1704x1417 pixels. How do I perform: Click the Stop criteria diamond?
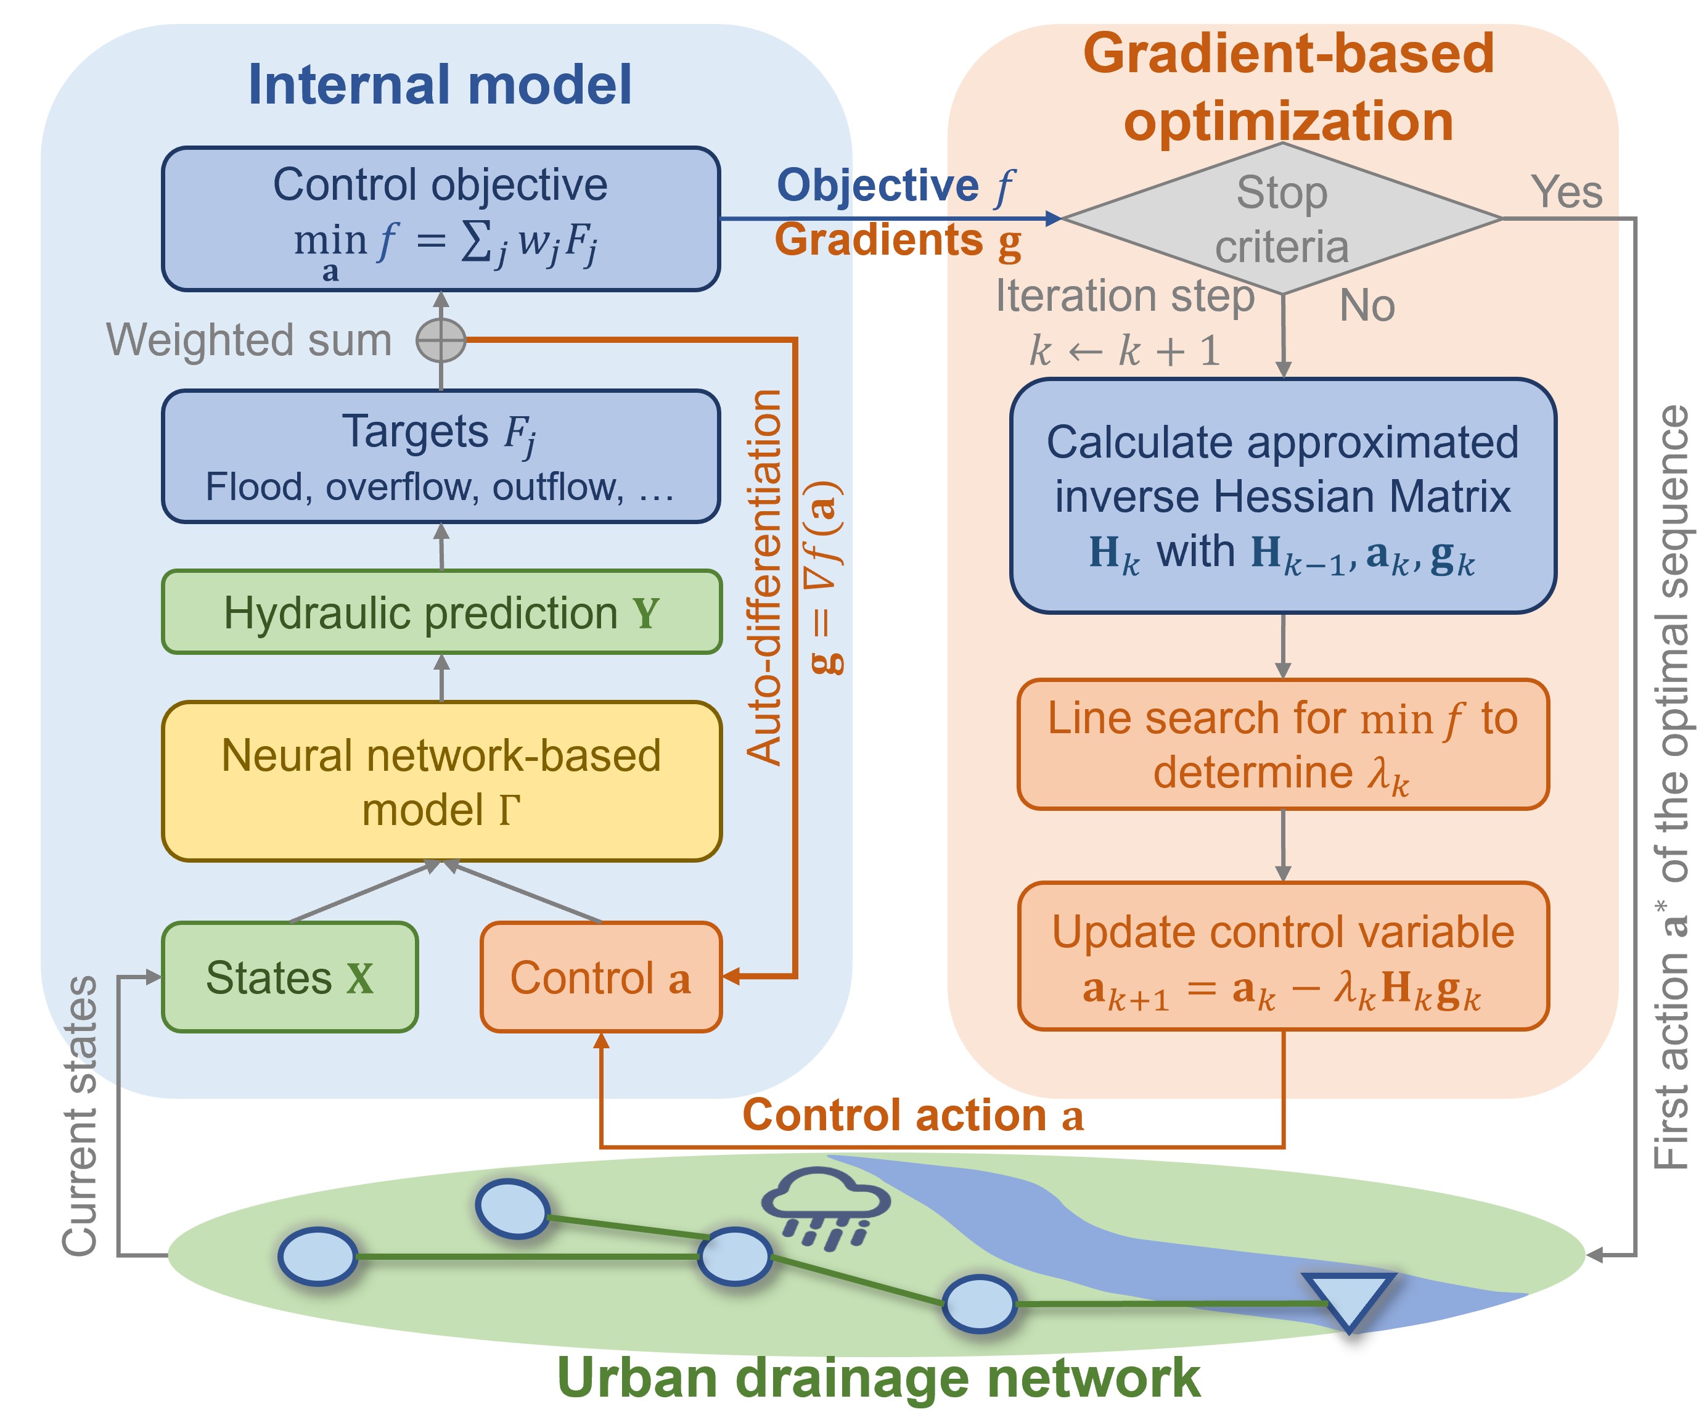click(1282, 218)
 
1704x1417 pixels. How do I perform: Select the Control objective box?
click(441, 218)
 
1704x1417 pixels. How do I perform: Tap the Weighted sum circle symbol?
click(441, 340)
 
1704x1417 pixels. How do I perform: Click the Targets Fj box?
click(441, 456)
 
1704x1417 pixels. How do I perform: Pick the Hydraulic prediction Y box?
click(441, 612)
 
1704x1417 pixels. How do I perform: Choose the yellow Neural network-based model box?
click(441, 781)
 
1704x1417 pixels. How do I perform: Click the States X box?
click(290, 977)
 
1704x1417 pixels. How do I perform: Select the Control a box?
click(600, 977)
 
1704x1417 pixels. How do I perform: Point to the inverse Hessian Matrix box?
click(1283, 496)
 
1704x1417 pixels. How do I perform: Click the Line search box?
click(1283, 744)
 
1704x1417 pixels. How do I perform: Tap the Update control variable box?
click(1283, 956)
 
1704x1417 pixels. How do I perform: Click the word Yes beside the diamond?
click(1566, 192)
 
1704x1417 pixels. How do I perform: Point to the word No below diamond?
click(1367, 306)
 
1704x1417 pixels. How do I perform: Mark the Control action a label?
click(913, 1115)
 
